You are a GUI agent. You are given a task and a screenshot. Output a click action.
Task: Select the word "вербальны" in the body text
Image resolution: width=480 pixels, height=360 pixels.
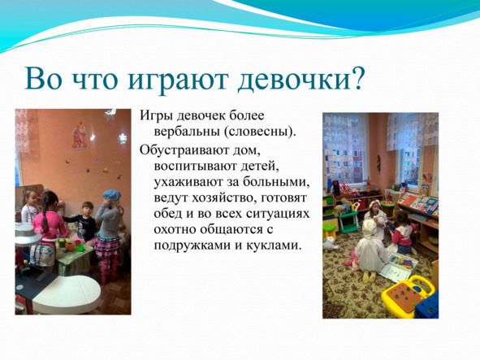(180, 131)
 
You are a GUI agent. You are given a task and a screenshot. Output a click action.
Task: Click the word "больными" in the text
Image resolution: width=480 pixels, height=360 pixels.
(283, 181)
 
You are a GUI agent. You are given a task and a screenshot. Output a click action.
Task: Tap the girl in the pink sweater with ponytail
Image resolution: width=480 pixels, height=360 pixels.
(50, 223)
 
